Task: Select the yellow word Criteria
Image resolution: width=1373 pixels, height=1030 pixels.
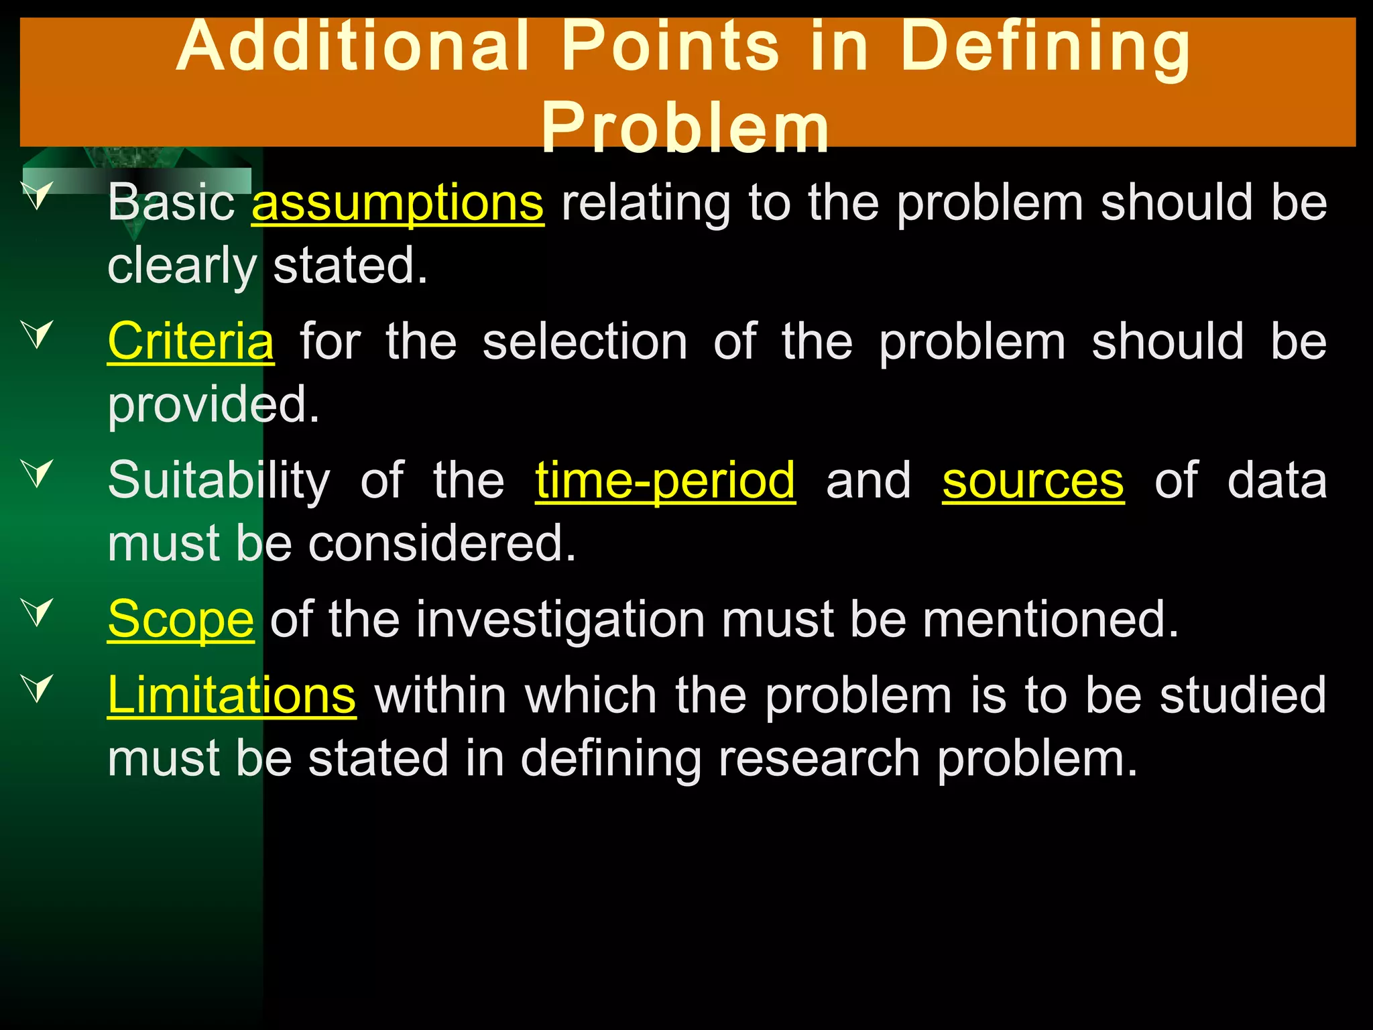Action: click(x=190, y=341)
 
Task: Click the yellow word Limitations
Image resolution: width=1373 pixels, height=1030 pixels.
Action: click(x=231, y=695)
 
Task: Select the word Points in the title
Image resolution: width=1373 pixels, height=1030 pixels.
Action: click(x=670, y=47)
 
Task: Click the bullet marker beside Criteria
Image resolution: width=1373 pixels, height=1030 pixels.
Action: click(x=38, y=334)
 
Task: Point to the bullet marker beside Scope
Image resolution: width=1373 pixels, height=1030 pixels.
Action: click(x=38, y=612)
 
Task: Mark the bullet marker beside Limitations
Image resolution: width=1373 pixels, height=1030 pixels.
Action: click(x=38, y=688)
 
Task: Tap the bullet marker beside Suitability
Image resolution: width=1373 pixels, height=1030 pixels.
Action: click(x=38, y=473)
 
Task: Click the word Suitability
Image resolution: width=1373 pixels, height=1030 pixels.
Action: click(x=219, y=481)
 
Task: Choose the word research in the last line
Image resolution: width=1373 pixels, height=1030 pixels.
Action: click(x=819, y=758)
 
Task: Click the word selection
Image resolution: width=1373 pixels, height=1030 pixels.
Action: click(x=585, y=341)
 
